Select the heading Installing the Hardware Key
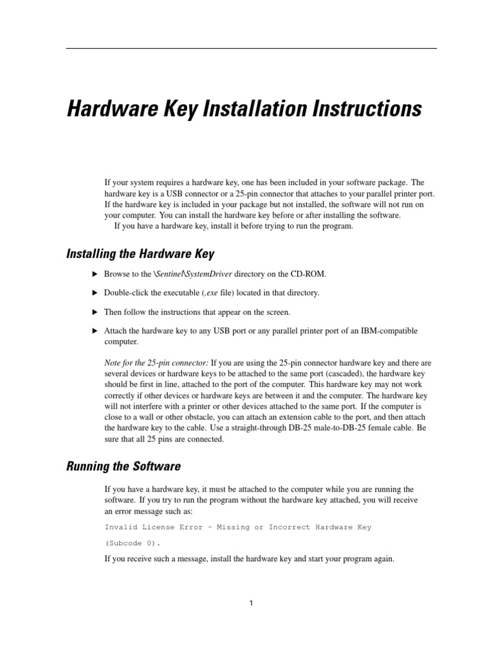coord(140,254)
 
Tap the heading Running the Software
coord(123,466)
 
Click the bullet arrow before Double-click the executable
coord(95,293)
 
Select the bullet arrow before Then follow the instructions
coord(95,312)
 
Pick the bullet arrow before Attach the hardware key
coord(95,331)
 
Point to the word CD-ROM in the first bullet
coord(307,274)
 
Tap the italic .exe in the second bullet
coord(205,293)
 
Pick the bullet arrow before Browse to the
coord(95,274)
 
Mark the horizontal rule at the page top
coord(252,48)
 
